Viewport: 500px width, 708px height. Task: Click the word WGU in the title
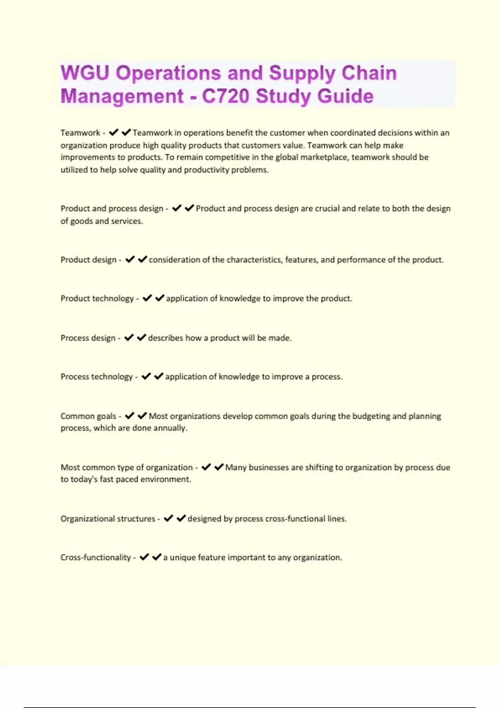[85, 73]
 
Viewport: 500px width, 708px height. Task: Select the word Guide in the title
[345, 96]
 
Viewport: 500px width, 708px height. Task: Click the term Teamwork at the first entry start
[80, 133]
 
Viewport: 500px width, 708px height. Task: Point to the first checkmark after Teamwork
[113, 132]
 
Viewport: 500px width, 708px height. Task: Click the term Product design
[88, 260]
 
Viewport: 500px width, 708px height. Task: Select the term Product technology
[97, 299]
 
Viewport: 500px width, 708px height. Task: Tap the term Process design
[88, 338]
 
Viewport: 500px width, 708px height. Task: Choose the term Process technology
[97, 377]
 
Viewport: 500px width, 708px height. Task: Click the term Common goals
[88, 416]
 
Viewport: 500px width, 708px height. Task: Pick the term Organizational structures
[107, 519]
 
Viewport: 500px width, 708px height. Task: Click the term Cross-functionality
[95, 558]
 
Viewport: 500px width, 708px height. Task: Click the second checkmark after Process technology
[159, 376]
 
